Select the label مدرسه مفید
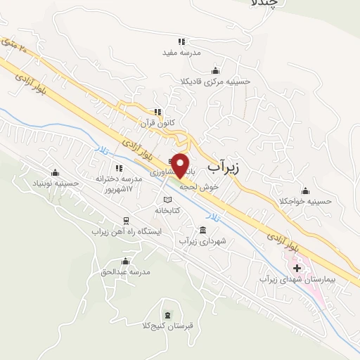point(182,53)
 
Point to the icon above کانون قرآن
point(158,111)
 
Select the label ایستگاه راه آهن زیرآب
point(127,231)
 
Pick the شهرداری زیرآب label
point(203,241)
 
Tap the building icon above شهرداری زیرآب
point(203,231)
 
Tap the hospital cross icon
point(297,268)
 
